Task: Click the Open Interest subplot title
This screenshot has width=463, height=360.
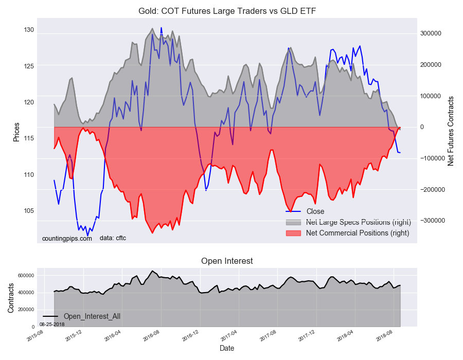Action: pyautogui.click(x=227, y=261)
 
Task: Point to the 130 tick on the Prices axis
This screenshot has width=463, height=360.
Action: pyautogui.click(x=29, y=30)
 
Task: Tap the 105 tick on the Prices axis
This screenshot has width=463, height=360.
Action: pyautogui.click(x=29, y=211)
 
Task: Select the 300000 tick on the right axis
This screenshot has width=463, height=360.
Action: pyautogui.click(x=431, y=33)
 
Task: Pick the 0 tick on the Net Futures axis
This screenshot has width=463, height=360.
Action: pyautogui.click(x=422, y=127)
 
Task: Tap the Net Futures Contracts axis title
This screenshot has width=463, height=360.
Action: pyautogui.click(x=451, y=131)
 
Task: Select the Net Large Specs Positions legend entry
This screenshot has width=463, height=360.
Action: pyautogui.click(x=358, y=222)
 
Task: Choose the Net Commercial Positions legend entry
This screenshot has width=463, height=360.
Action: pyautogui.click(x=357, y=233)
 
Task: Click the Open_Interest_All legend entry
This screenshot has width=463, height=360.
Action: pyautogui.click(x=92, y=316)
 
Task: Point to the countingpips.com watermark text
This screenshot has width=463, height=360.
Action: pyautogui.click(x=67, y=238)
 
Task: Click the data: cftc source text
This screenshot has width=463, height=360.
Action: pyautogui.click(x=113, y=238)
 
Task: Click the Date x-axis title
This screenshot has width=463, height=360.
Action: pyautogui.click(x=227, y=348)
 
